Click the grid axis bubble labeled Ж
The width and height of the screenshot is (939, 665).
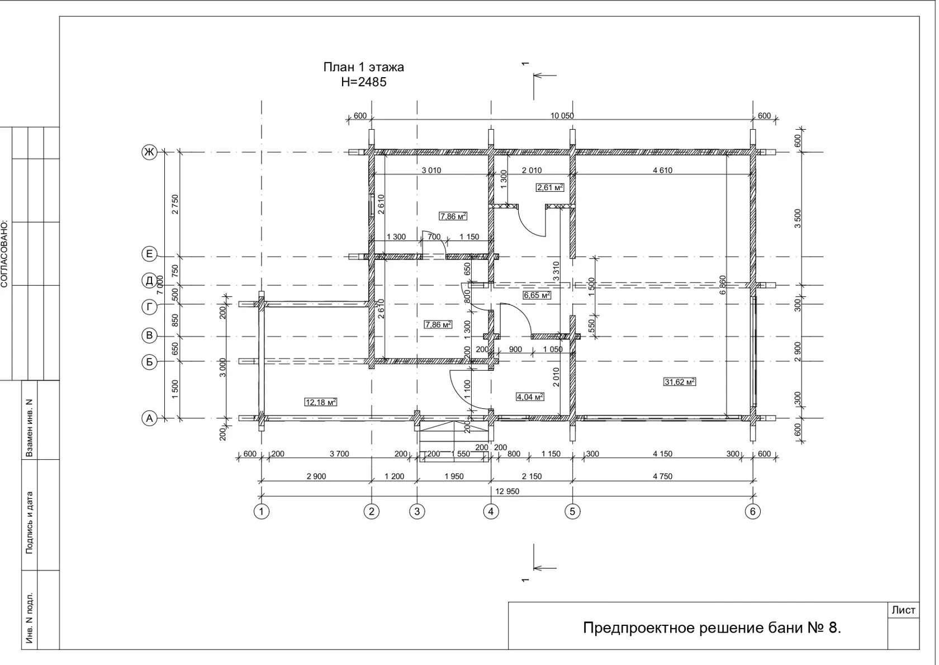(x=149, y=152)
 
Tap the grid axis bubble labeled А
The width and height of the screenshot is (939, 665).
(x=149, y=418)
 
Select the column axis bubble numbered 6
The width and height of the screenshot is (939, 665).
(x=753, y=511)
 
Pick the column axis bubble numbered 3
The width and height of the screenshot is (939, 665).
(x=417, y=511)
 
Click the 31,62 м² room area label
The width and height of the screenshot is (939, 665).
(x=680, y=382)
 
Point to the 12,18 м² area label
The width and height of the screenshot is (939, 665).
(x=321, y=402)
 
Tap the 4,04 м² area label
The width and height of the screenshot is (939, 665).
(x=530, y=397)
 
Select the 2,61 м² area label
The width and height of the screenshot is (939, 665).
(x=550, y=187)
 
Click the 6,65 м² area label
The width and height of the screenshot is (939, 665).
(x=537, y=295)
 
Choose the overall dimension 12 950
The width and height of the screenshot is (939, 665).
(x=508, y=491)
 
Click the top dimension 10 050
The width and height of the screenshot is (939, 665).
(x=562, y=116)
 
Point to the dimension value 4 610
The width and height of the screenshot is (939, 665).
(x=662, y=171)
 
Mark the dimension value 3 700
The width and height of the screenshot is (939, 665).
(x=339, y=454)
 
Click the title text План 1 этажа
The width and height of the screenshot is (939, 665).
(x=363, y=67)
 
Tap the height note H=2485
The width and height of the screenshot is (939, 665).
(x=363, y=82)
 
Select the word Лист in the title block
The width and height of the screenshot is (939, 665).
(x=903, y=610)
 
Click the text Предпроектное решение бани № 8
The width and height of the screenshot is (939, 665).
(x=712, y=628)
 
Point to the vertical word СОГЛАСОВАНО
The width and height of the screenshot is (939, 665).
(x=4, y=254)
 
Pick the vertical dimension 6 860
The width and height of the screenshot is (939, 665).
(x=722, y=285)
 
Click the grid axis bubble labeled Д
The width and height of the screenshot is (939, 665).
(x=149, y=280)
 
